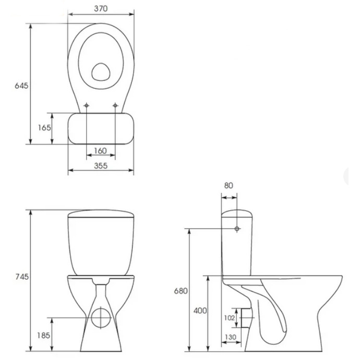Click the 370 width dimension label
[x=101, y=8]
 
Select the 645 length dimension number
[x=21, y=86]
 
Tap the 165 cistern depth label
[x=44, y=127]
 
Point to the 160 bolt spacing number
[x=101, y=151]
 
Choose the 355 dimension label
[x=101, y=166]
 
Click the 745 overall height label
[x=22, y=277]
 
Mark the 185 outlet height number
[x=43, y=335]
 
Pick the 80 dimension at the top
[x=229, y=186]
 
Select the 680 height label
[x=181, y=291]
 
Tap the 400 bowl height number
[x=200, y=310]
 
